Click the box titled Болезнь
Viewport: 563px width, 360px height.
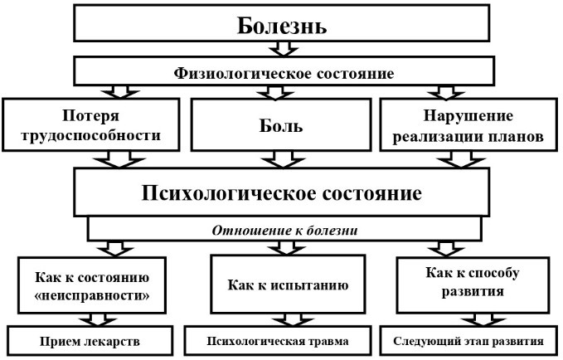[x=282, y=25]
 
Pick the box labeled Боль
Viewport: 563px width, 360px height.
[x=282, y=127]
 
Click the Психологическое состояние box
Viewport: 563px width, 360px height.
[x=282, y=193]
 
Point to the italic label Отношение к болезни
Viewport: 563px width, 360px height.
[x=282, y=228]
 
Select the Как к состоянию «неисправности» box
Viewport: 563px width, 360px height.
[x=98, y=285]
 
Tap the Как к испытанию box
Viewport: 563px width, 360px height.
[x=282, y=285]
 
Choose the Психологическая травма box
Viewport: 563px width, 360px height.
[x=282, y=340]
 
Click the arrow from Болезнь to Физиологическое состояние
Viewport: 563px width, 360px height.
[x=282, y=49]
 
